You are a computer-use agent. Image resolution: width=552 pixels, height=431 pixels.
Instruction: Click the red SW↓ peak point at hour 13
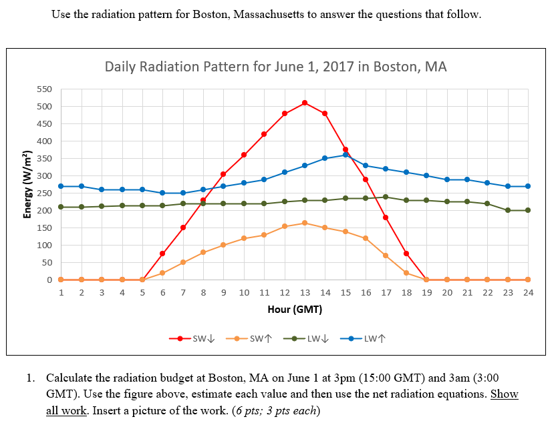(305, 103)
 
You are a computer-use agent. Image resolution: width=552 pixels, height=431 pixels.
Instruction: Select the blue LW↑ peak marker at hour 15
(346, 155)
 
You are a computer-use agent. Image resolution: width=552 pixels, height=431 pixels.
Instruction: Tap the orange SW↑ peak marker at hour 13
(305, 223)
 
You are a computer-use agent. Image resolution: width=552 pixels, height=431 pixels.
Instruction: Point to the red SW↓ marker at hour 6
(162, 254)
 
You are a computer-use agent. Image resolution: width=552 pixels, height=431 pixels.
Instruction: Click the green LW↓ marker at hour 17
(386, 197)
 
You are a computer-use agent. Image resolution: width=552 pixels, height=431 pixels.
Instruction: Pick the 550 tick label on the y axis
(43, 89)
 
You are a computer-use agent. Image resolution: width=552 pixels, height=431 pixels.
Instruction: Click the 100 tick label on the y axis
(43, 246)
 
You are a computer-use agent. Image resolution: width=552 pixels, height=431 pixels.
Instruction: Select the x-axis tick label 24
(528, 293)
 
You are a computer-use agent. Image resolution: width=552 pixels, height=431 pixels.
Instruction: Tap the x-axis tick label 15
(346, 293)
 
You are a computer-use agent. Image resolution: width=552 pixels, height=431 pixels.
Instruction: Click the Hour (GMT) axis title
(295, 310)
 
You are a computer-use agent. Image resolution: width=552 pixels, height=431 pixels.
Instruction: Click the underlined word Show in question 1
(505, 394)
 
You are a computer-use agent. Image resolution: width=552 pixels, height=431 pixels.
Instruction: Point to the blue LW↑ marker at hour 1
(61, 186)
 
